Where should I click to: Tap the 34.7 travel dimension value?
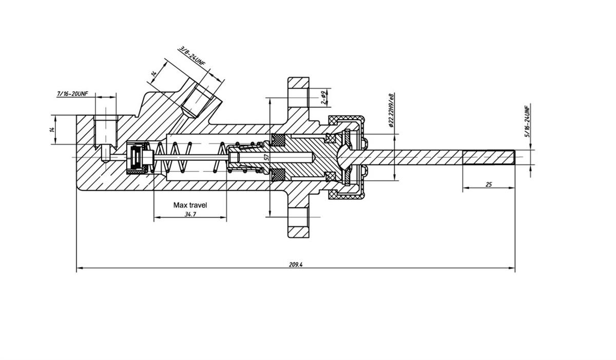pos(190,214)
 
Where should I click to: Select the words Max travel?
pos(190,205)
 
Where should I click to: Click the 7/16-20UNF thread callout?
pos(72,94)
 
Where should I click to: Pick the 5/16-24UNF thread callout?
pos(526,122)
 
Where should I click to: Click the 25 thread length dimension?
pos(488,184)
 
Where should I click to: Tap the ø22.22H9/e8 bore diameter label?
pos(391,110)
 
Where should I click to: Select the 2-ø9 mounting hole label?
pos(323,98)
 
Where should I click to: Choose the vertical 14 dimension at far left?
pos(52,129)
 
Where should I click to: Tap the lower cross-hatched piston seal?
pos(279,175)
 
